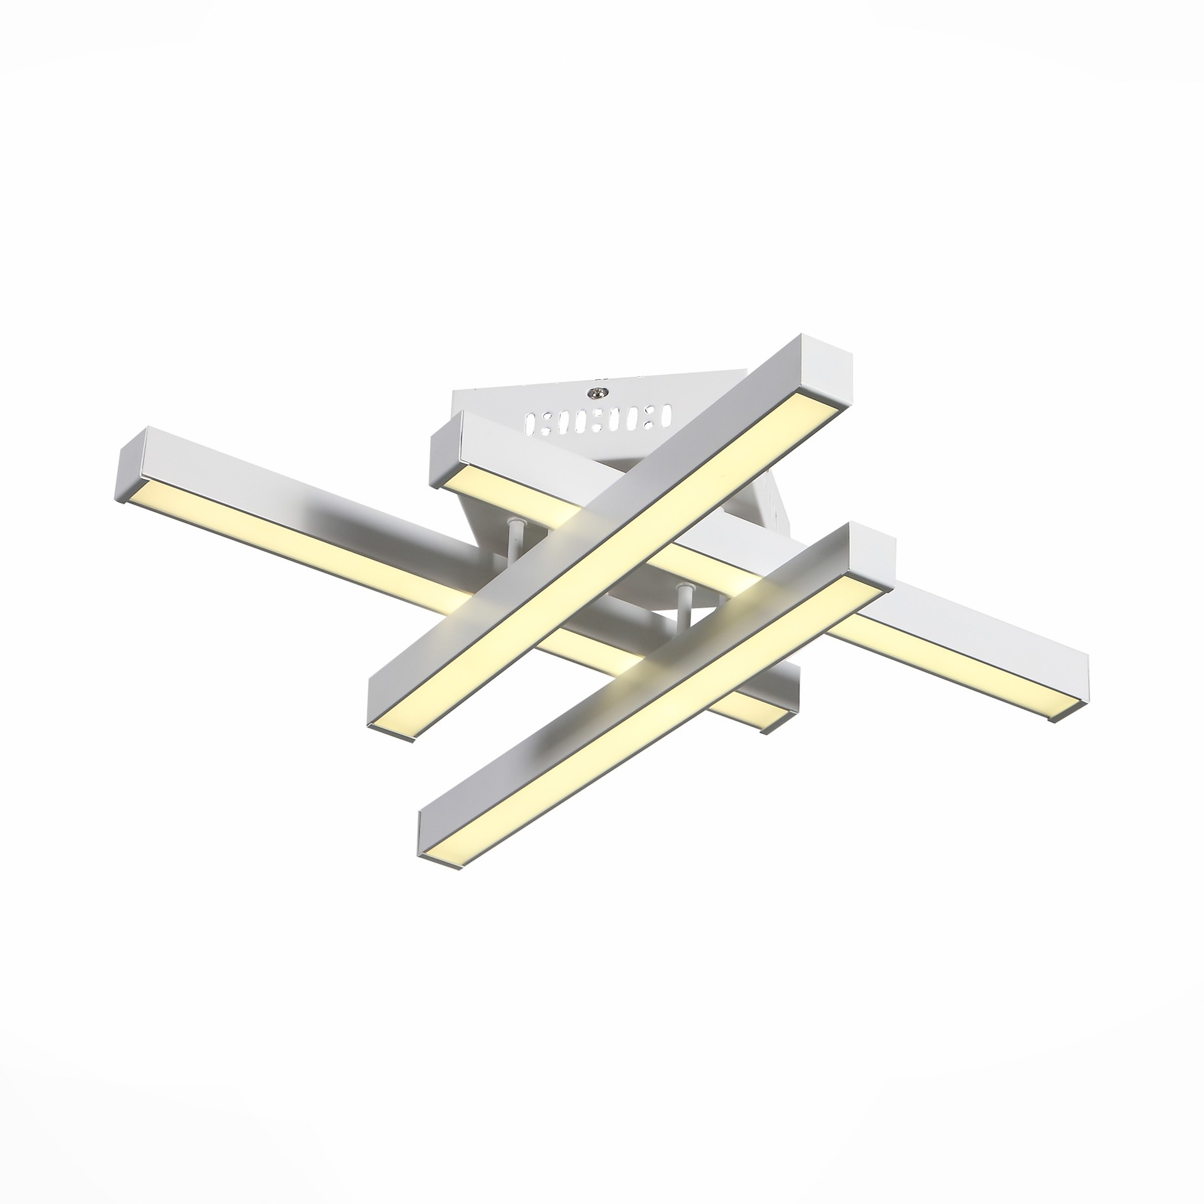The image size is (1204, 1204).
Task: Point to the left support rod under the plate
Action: (514, 538)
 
